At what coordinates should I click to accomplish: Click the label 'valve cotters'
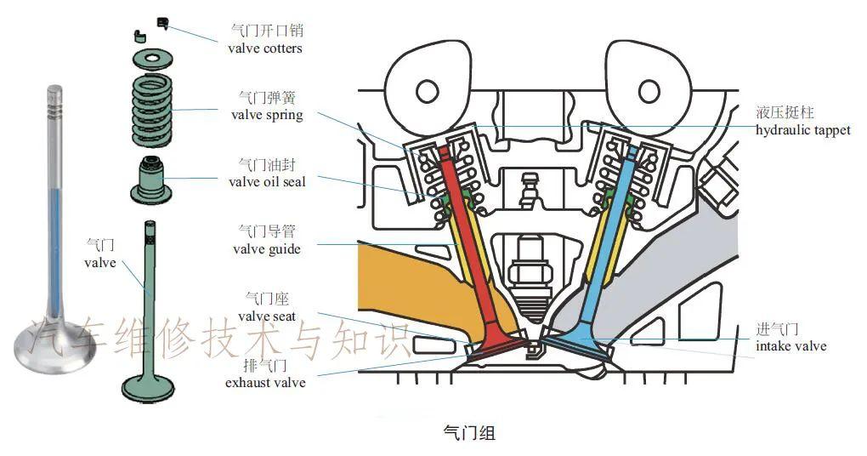pyautogui.click(x=265, y=48)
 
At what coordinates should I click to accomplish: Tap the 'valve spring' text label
pyautogui.click(x=265, y=115)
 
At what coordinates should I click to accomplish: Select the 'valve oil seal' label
pyautogui.click(x=267, y=181)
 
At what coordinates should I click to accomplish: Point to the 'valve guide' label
pyautogui.click(x=266, y=248)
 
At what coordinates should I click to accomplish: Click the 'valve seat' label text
pyautogui.click(x=266, y=316)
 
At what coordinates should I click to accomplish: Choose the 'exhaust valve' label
pyautogui.click(x=265, y=382)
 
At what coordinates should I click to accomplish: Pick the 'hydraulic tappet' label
pyautogui.click(x=802, y=130)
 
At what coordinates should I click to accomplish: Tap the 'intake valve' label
pyautogui.click(x=790, y=346)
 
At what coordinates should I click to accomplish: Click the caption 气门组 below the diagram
pyautogui.click(x=469, y=433)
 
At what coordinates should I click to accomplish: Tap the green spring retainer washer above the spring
pyautogui.click(x=153, y=60)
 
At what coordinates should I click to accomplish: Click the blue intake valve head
pyautogui.click(x=578, y=345)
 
